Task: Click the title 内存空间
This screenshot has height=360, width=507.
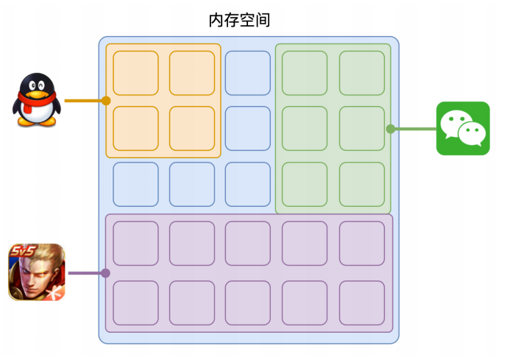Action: pyautogui.click(x=239, y=20)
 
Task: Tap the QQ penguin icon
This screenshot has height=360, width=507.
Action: pyautogui.click(x=37, y=99)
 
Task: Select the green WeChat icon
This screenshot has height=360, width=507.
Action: pyautogui.click(x=463, y=128)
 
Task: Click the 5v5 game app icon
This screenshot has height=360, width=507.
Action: pyautogui.click(x=37, y=272)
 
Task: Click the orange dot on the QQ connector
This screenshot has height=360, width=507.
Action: pyautogui.click(x=106, y=101)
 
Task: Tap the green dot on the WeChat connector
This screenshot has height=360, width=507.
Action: pyautogui.click(x=391, y=129)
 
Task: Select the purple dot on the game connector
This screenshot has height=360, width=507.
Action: pyautogui.click(x=105, y=273)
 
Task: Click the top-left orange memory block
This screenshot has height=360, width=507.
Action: pyautogui.click(x=136, y=73)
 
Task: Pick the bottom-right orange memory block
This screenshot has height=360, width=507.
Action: pyautogui.click(x=192, y=128)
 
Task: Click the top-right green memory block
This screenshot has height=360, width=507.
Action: pyautogui.click(x=362, y=73)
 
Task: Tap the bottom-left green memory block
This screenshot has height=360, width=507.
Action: pyautogui.click(x=305, y=184)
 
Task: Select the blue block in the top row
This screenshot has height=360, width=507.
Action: pyautogui.click(x=248, y=73)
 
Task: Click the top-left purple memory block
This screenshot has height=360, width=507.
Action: pyautogui.click(x=136, y=243)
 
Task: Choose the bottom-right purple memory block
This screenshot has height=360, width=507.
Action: pyautogui.click(x=362, y=303)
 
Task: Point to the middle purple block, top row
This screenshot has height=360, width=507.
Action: pyautogui.click(x=248, y=243)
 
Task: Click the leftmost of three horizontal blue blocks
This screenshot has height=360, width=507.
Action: pyautogui.click(x=136, y=184)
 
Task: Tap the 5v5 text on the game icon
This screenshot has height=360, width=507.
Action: pyautogui.click(x=23, y=250)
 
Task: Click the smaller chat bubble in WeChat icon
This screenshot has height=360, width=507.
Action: pyautogui.click(x=472, y=133)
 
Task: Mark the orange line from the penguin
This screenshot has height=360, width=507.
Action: pyautogui.click(x=85, y=101)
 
